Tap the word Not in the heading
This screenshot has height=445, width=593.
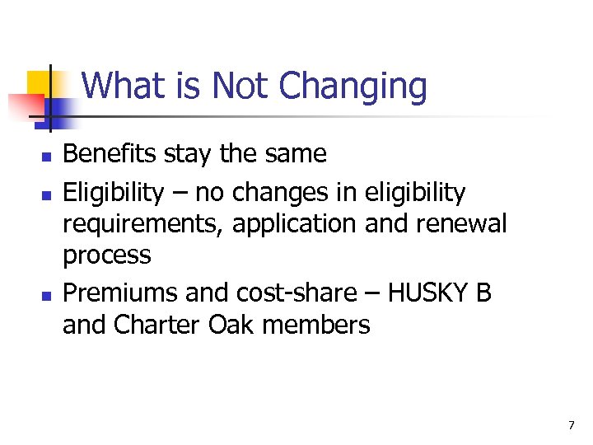[242, 87]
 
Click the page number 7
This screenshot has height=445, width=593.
[571, 425]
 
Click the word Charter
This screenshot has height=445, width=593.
[156, 326]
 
